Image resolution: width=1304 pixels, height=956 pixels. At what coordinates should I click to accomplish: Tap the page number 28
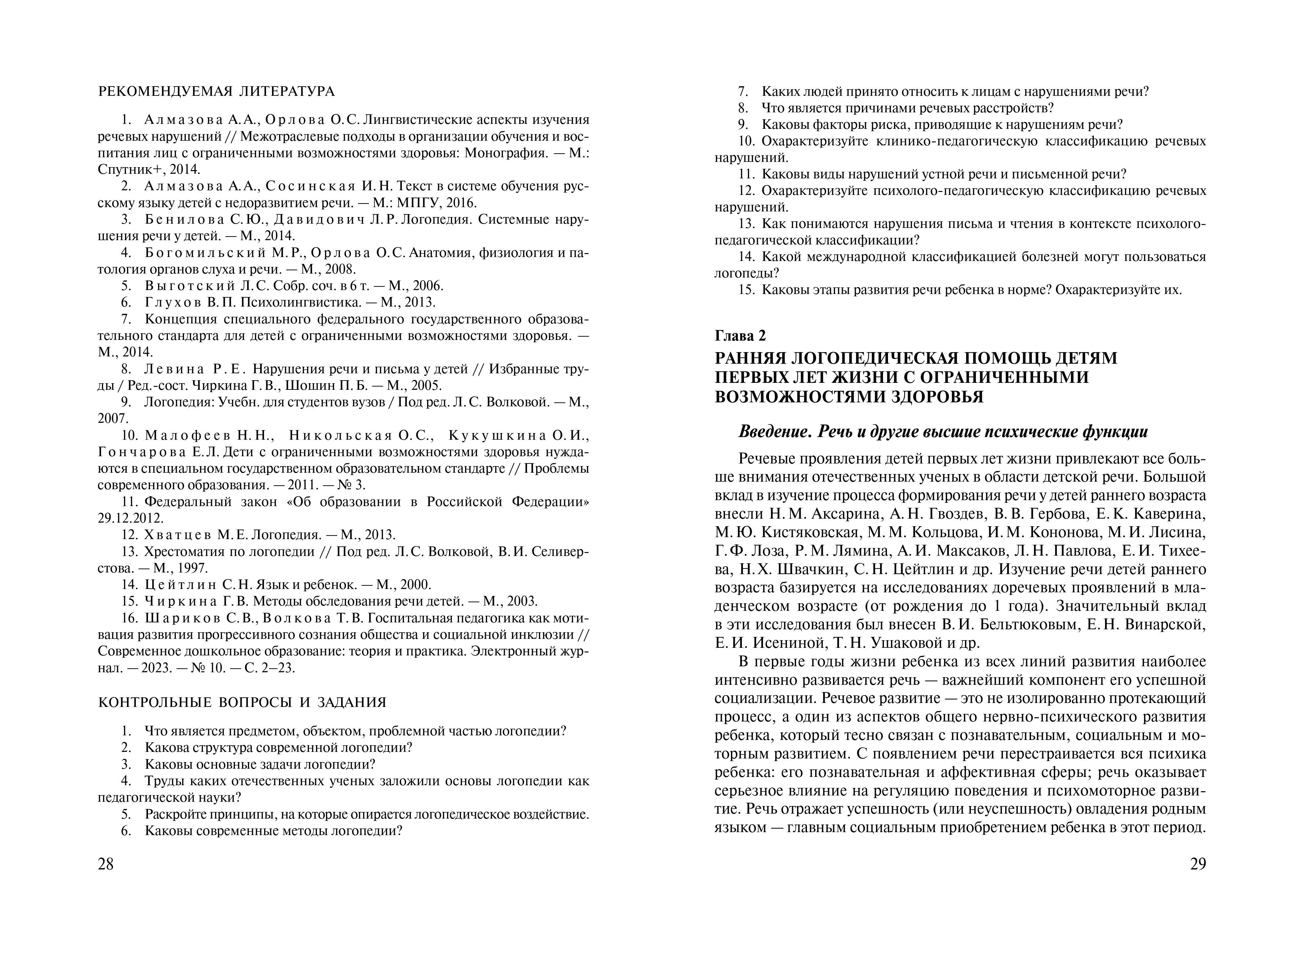point(106,864)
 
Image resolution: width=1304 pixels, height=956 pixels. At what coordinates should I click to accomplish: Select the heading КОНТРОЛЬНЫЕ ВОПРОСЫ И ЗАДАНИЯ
point(242,703)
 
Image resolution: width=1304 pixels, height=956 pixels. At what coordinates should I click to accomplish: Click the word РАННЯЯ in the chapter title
point(749,358)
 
